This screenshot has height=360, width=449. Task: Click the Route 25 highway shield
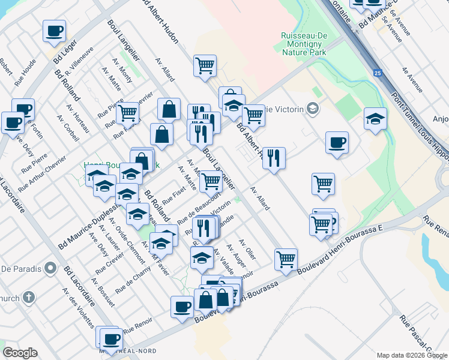377,73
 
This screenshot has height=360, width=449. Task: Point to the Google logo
20,353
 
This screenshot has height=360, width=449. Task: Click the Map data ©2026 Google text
412,355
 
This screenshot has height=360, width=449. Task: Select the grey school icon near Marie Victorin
312,108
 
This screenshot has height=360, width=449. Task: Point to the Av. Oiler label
247,250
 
